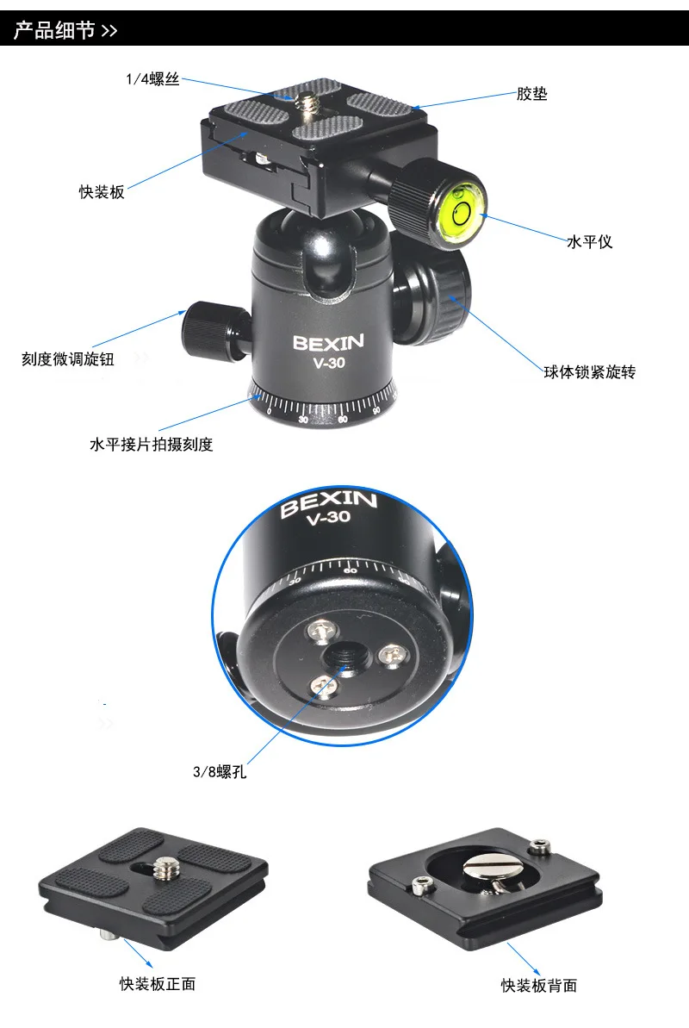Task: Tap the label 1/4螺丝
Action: (x=152, y=79)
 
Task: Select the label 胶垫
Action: (x=531, y=94)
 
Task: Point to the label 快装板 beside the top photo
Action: (x=102, y=192)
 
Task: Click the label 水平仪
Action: (x=589, y=242)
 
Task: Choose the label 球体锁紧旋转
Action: (x=590, y=372)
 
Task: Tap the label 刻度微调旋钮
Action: (x=68, y=359)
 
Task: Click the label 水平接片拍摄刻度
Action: (x=151, y=445)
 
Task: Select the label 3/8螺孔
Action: (x=220, y=772)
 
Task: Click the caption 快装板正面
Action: (x=158, y=983)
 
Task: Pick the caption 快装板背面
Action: (x=539, y=985)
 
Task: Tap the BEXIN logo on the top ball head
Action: (x=328, y=342)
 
